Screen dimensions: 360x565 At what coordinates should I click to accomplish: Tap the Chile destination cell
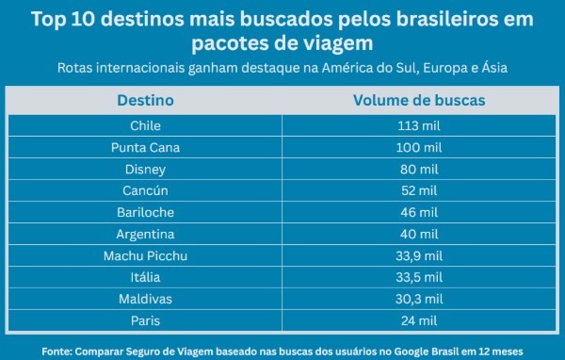(145, 125)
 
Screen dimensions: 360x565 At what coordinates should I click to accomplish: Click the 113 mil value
(419, 125)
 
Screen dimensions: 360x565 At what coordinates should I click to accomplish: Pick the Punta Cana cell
(145, 147)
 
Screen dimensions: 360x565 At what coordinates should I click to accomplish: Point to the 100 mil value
(419, 147)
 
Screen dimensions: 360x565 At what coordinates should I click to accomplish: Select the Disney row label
(145, 169)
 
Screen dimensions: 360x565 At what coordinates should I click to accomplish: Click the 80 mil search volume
(419, 169)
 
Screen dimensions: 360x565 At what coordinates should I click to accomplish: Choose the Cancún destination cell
(145, 190)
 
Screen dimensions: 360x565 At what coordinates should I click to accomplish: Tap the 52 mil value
(419, 190)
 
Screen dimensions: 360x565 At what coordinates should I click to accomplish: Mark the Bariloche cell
(145, 212)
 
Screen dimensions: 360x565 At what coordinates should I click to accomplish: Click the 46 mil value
(419, 212)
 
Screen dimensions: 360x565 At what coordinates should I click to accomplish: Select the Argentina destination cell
(145, 234)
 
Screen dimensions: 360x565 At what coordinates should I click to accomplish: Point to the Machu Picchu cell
(145, 255)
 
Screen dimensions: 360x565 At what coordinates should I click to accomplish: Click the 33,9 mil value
(419, 255)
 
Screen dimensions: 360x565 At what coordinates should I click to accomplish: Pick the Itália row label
(145, 277)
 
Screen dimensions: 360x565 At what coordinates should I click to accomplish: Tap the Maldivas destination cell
(145, 299)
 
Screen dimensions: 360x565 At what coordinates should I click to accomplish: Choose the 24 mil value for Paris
(419, 320)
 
